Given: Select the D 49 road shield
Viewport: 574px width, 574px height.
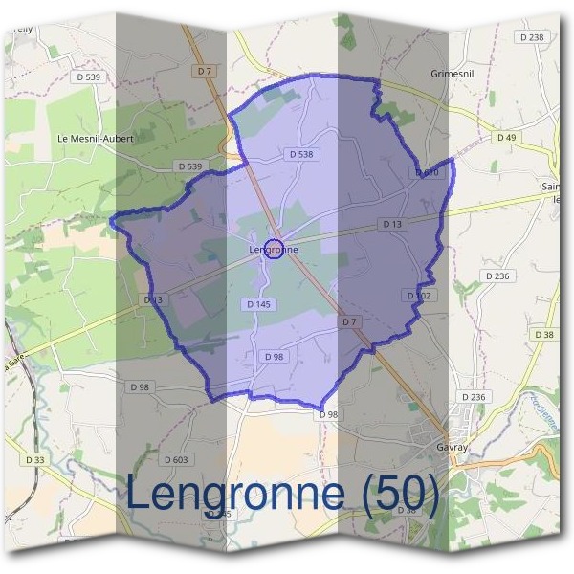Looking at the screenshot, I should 506,138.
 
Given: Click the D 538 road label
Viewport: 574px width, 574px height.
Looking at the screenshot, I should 300,154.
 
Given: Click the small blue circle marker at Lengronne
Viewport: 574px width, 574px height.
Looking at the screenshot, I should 275,250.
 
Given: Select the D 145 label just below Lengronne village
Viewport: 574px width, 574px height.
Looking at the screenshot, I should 258,304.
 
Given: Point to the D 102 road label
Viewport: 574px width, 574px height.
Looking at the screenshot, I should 419,296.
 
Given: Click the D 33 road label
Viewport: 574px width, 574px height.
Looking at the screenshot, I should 34,460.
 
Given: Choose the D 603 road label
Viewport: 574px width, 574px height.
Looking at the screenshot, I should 174,460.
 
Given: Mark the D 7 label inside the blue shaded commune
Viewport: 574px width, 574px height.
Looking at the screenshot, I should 349,322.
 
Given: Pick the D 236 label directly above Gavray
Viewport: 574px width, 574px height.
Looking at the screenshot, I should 474,397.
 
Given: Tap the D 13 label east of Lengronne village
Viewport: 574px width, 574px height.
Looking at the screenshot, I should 391,224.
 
